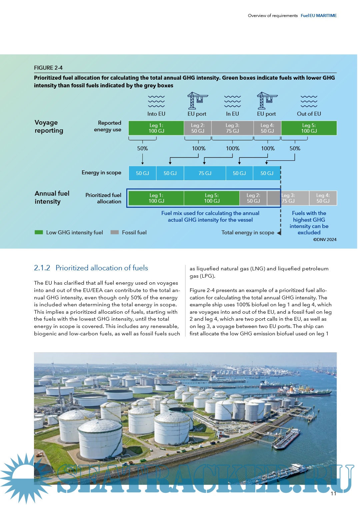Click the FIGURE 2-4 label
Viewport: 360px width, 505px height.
pos(48,68)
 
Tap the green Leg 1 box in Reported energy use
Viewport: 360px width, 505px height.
pos(156,128)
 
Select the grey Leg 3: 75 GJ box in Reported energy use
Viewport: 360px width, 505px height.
pos(232,128)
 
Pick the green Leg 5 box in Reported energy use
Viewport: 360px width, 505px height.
pos(309,128)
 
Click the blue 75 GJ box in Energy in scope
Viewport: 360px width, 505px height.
pos(205,173)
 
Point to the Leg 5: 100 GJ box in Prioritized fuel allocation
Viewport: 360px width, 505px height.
pos(212,198)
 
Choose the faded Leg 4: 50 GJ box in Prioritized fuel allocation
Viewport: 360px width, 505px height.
pos(323,198)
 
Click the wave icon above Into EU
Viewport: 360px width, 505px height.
pos(156,101)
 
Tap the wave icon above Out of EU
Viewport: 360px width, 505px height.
pos(309,101)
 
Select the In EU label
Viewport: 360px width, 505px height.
pos(232,114)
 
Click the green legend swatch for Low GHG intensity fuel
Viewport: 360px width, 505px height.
pos(39,232)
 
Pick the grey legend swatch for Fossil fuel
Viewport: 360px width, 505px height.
pos(115,232)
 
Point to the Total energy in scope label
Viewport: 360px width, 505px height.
pos(248,233)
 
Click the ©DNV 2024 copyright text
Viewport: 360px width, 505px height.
pos(325,240)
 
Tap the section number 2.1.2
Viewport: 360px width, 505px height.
pos(42,268)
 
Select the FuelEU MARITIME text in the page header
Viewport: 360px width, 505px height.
pos(319,16)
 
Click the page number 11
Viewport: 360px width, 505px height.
pos(333,494)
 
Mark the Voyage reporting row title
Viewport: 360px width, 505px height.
pos(49,127)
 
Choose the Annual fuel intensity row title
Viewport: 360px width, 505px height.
pos(52,198)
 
